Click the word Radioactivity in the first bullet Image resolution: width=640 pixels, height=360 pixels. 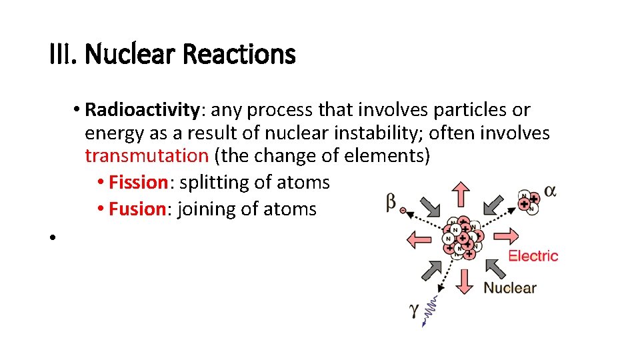tap(141, 109)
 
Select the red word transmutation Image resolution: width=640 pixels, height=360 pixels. tap(147, 156)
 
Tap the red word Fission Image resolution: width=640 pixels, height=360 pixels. tap(137, 182)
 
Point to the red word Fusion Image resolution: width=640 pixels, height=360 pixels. tap(137, 209)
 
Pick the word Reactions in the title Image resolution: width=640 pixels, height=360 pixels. tap(238, 54)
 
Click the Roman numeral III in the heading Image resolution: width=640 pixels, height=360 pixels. tap(63, 54)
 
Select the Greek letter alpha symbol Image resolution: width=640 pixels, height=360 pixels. tap(551, 191)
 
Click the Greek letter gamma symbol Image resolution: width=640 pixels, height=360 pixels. tap(414, 310)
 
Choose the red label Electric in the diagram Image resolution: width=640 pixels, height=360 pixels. tap(533, 256)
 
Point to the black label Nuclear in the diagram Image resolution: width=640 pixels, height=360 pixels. tap(509, 288)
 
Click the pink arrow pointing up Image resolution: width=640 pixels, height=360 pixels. tap(461, 195)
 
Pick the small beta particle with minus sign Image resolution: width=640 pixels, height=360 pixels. tap(403, 209)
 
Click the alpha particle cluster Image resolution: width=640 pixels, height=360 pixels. tap(529, 202)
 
